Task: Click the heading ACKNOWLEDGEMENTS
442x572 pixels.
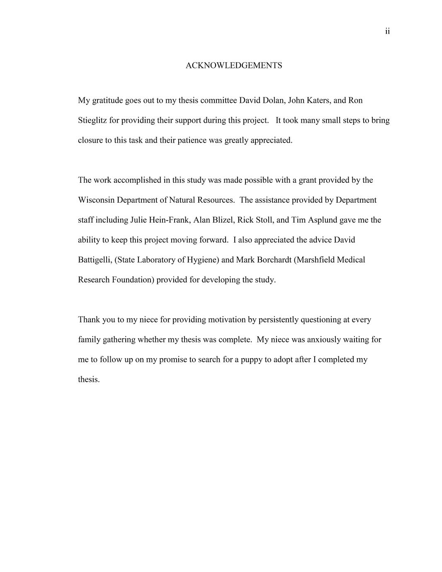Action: tap(233, 65)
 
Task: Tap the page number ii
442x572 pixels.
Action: tap(387, 32)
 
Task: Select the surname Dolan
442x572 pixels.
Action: tap(272, 100)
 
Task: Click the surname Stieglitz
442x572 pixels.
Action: tap(92, 120)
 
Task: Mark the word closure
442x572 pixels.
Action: tap(90, 140)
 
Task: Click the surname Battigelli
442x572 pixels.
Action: tap(95, 260)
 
